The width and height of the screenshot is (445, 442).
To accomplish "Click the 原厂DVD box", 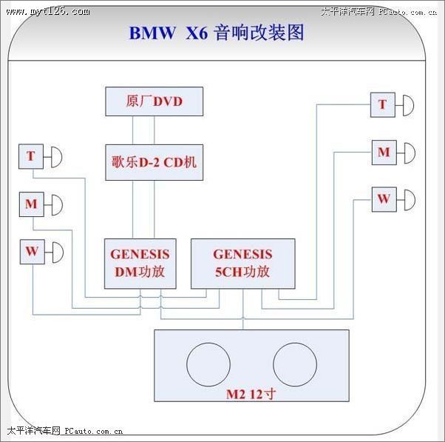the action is pos(154,101).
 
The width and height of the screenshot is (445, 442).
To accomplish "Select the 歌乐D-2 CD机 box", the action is pos(154,162).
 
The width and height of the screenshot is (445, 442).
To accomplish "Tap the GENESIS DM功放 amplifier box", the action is pos(140,264).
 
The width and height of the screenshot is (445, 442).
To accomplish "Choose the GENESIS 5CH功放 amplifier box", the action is pos(243,264).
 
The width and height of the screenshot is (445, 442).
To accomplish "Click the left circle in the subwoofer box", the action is pos(208,364).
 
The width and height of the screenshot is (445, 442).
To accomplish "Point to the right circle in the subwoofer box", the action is pos(295,364).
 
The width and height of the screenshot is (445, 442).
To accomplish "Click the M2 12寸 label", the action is pos(251,395).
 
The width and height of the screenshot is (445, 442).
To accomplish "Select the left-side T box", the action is pos(31,156).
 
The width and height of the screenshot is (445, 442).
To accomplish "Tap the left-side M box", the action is pos(32,204).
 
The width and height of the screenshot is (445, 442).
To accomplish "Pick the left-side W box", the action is pos(32,252).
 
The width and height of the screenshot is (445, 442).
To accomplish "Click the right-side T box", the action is pos(383,104).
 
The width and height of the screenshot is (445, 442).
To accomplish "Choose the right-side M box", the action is pos(384,153).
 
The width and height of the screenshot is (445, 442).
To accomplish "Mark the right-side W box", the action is pos(384,199).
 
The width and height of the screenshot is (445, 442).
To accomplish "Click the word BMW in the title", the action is pos(152,33).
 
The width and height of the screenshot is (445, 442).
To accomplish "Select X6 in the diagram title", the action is pos(197,33).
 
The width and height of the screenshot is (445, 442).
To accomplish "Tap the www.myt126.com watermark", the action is pos(48,11).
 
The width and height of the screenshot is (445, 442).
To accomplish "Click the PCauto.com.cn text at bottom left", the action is pos(94,431).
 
